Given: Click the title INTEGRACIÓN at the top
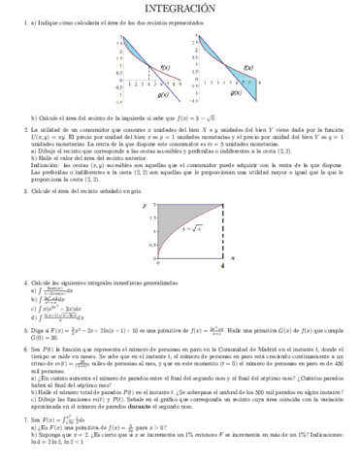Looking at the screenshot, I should point(180,9).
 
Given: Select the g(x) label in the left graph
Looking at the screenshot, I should point(162,95).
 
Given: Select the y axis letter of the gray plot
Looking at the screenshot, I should point(145,206).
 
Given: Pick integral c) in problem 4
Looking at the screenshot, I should point(58,307).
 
